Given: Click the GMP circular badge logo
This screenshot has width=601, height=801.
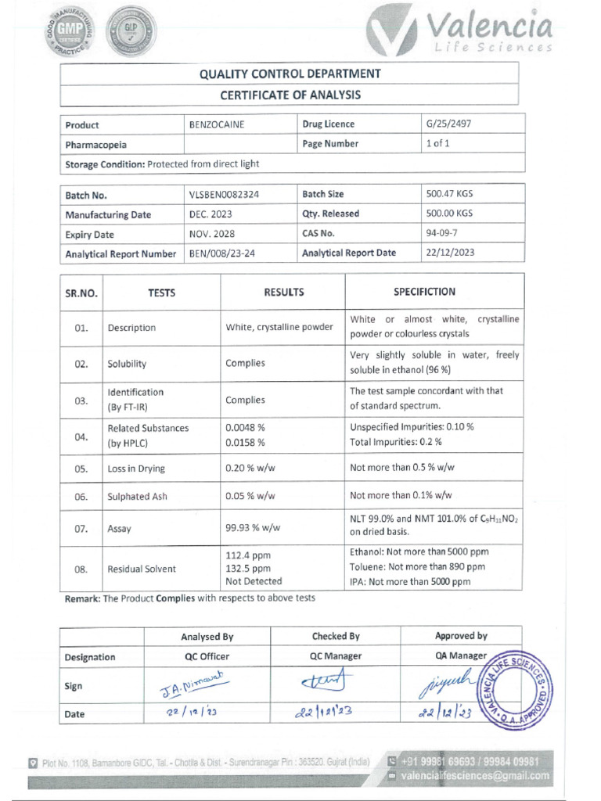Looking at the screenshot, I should click(71, 31).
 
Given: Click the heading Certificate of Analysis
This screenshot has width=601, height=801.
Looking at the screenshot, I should click(290, 95).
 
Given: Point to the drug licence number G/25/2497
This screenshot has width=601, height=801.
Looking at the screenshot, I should click(448, 124).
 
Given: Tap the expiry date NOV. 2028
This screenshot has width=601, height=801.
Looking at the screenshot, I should click(211, 234).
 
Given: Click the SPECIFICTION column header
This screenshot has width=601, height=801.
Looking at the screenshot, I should click(424, 292).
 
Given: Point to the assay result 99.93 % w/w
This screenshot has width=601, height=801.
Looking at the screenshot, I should click(253, 528).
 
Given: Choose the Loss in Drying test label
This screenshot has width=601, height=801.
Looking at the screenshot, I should click(136, 469).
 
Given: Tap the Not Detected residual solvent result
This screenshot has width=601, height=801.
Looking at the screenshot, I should click(254, 581).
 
